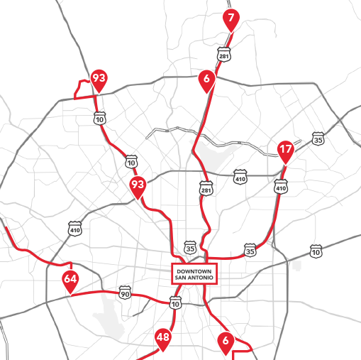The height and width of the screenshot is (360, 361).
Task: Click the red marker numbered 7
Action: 229,18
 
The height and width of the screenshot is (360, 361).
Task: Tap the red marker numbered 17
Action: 285,150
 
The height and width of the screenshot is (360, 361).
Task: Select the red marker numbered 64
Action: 70,279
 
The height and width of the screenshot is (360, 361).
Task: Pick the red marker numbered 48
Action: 163,337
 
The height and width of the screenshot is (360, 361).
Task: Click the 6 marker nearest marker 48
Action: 226,341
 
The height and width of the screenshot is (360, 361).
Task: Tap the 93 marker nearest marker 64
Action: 138,186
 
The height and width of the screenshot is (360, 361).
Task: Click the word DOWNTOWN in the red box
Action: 194,271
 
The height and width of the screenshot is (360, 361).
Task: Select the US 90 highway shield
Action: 125,293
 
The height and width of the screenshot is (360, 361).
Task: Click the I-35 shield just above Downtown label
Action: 189,247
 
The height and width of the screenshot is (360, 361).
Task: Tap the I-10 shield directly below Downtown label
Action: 175,303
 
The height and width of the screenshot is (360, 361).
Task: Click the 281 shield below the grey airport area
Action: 206,190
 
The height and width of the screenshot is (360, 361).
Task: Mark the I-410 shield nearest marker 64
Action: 74,228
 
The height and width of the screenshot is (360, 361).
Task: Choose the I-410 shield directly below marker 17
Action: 281,188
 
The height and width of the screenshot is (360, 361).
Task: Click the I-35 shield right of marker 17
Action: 318,139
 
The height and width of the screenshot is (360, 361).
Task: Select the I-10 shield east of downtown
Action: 316,251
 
